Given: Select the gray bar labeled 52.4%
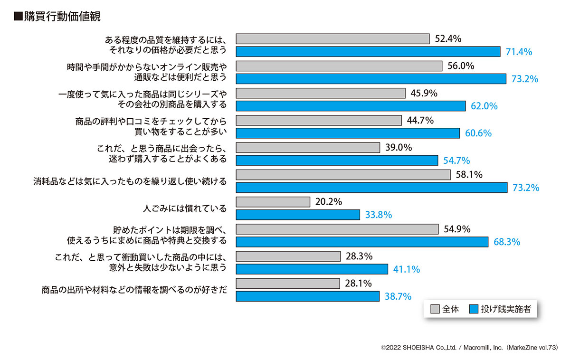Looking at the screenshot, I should click(x=332, y=39).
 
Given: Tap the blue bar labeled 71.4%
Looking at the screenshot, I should click(x=368, y=51).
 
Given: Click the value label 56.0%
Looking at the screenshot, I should click(x=461, y=66).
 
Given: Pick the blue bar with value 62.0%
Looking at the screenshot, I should click(x=351, y=106).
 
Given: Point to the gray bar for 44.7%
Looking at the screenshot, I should click(x=319, y=121).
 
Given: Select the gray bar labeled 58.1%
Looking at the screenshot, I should click(x=343, y=175).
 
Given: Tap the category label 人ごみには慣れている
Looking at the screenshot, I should click(x=185, y=208).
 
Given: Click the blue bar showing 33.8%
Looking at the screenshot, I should click(x=298, y=215).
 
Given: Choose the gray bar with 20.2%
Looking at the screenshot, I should click(x=273, y=202).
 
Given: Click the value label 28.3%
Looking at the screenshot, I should click(x=359, y=256).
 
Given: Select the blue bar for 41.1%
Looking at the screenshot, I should click(x=312, y=269).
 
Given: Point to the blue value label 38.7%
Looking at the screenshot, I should click(x=398, y=297).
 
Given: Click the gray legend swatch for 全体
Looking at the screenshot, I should click(x=435, y=309).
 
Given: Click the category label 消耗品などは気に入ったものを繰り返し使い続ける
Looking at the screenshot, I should click(x=130, y=181).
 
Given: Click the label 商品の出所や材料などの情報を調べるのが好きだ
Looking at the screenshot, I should click(x=134, y=290).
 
